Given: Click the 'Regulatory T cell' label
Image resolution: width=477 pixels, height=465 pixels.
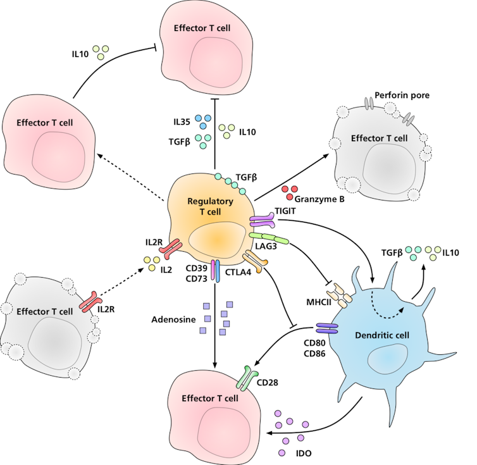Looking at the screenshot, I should (210, 206).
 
